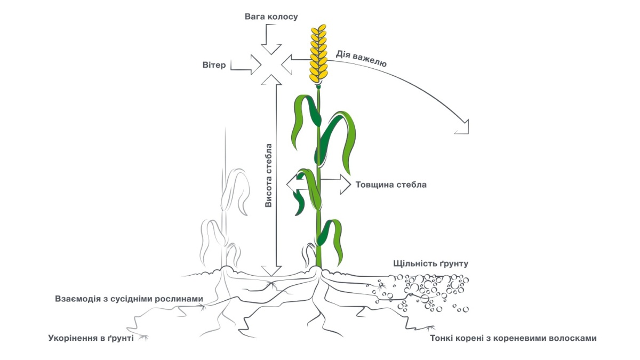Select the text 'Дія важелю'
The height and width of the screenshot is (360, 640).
pyautogui.click(x=361, y=58)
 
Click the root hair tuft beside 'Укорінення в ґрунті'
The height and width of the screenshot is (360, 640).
pyautogui.click(x=143, y=337)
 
